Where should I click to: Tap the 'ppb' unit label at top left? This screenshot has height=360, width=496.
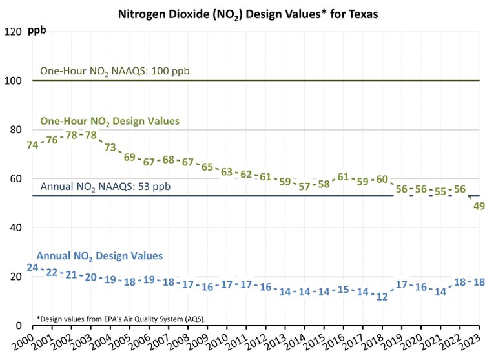pos(37,31)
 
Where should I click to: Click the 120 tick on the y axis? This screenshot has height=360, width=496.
pos(14,32)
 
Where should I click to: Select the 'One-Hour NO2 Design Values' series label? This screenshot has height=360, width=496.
pos(110,121)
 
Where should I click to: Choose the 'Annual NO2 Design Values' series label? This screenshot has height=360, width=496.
pos(99,256)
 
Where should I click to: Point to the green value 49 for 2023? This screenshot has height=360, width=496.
pos(479,207)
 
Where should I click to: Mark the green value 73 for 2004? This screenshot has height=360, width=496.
pos(110,147)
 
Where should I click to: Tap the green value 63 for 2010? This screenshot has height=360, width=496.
pos(226,172)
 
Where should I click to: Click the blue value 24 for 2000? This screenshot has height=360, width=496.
pos(32,267)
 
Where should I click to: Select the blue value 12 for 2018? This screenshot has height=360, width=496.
pos(382,297)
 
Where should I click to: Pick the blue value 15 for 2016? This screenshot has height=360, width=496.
pos(343,289)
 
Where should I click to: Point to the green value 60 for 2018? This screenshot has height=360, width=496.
pos(382,179)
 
